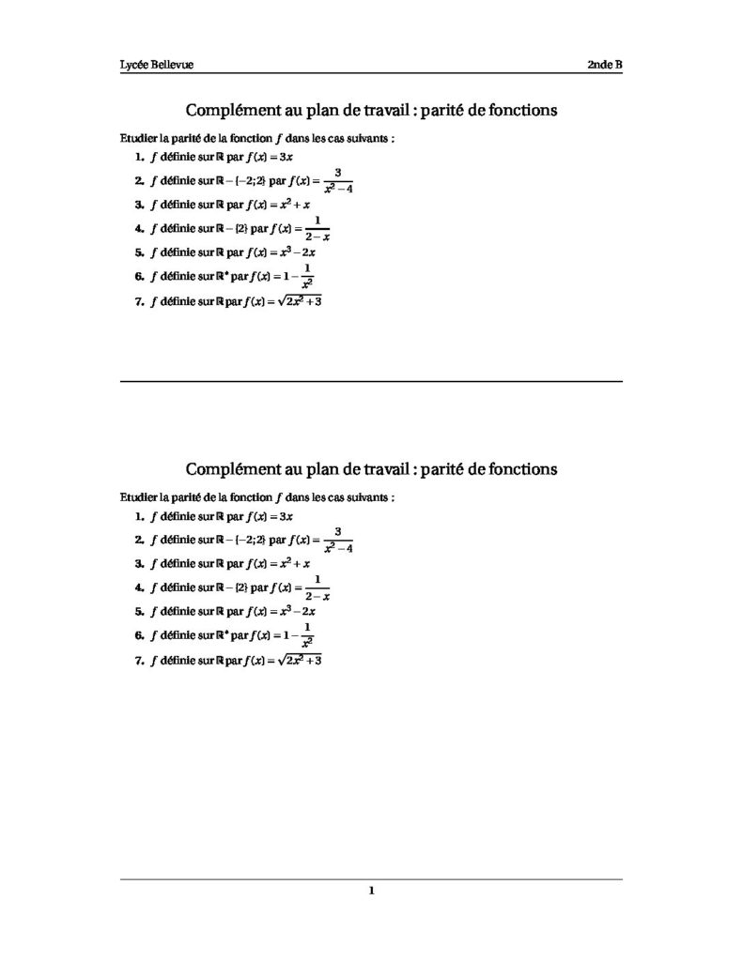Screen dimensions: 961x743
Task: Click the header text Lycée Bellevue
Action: coord(156,65)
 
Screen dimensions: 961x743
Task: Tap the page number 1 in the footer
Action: coord(372,892)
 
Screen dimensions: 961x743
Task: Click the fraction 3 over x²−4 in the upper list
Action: coord(337,179)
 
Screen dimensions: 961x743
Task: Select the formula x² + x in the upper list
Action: coord(291,203)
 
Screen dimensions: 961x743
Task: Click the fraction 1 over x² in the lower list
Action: coord(306,635)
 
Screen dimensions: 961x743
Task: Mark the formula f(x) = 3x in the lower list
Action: coord(270,516)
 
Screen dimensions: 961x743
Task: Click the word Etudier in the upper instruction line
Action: coord(140,137)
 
